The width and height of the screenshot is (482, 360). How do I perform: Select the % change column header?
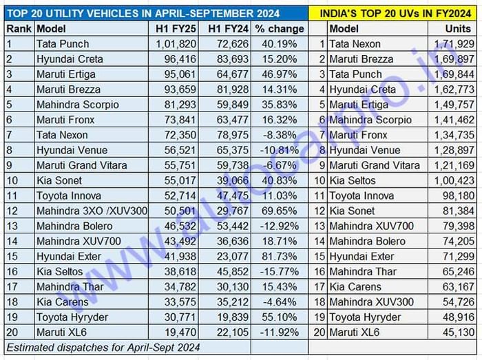point(279,29)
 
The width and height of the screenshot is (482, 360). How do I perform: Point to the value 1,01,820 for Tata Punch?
point(176,44)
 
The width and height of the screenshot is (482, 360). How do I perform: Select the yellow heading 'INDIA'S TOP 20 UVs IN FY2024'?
point(395,11)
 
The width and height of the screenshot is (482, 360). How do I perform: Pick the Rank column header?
point(18,29)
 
